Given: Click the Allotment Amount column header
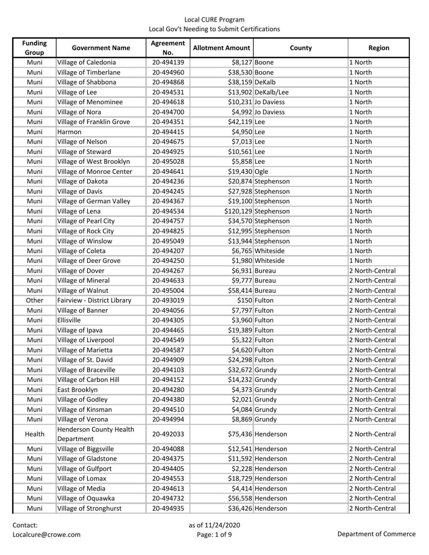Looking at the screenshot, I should [221, 48].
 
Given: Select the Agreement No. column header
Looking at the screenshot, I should [168, 48].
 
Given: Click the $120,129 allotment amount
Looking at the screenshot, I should [238, 211].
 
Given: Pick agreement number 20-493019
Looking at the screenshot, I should [168, 300].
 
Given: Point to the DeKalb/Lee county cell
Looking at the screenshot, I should [272, 92].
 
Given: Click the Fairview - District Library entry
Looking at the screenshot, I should [94, 300].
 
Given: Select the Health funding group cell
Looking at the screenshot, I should [35, 434].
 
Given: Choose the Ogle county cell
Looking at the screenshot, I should [261, 171].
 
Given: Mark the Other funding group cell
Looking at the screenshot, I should [35, 300].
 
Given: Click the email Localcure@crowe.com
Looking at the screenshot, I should [46, 534].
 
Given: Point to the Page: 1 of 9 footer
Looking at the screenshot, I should [214, 534].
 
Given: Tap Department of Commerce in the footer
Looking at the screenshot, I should [376, 534].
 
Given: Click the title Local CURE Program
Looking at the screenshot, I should [214, 20].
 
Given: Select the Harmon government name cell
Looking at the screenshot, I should [69, 132].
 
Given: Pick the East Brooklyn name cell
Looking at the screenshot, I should [78, 390].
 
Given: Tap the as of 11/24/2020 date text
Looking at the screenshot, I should [214, 525].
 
